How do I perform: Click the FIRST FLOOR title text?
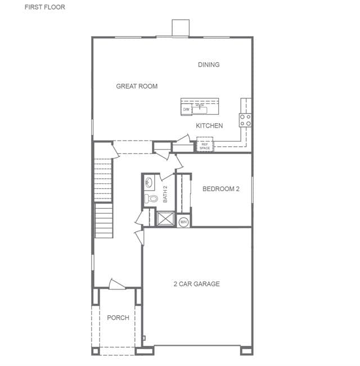[x=45, y=7]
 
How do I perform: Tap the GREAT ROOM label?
[x=137, y=86]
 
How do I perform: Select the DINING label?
[x=209, y=65]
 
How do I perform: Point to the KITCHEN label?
[x=209, y=125]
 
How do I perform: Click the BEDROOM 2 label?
[x=221, y=189]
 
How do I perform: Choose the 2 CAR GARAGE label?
[x=196, y=284]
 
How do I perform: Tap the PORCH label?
[x=118, y=318]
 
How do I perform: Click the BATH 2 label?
[x=165, y=194]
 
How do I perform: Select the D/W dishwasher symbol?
[x=186, y=109]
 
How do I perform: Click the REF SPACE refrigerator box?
[x=205, y=144]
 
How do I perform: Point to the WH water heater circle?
[x=183, y=222]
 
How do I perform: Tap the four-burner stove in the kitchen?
[x=245, y=120]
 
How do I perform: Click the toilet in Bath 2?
[x=151, y=198]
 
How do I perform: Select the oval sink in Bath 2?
[x=148, y=182]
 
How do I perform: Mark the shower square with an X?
[x=165, y=219]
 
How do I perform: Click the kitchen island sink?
[x=200, y=110]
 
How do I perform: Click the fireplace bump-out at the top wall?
[x=181, y=28]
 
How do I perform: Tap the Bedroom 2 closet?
[x=184, y=193]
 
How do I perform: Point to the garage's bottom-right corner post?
[x=247, y=351]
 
